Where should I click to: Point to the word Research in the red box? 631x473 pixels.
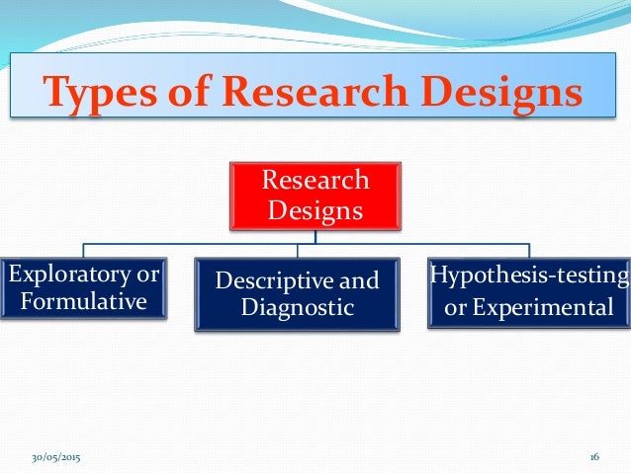point(315,181)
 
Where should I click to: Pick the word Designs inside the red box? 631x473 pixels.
point(315,210)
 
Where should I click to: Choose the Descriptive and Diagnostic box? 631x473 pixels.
point(298,294)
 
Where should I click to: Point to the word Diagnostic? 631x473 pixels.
point(298,308)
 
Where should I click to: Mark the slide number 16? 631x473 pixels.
point(594,458)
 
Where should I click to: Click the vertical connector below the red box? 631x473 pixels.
point(315,235)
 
